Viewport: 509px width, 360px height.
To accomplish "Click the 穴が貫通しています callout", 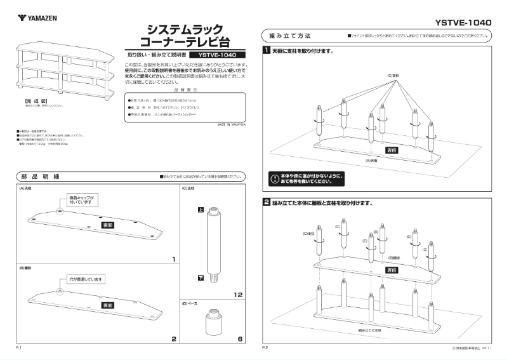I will point(86,279).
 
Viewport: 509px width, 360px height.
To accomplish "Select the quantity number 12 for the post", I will point(237,295).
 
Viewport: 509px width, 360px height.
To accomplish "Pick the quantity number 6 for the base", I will point(240,340).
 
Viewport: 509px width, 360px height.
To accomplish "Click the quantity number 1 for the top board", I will point(173,260).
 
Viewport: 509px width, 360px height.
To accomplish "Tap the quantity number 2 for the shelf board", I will point(173,340).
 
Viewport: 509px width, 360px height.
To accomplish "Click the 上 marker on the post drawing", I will point(201,210).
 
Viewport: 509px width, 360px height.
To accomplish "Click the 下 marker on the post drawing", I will point(201,279).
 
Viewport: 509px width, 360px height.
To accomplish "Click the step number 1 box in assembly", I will point(267,50).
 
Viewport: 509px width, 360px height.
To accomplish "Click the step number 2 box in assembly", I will point(267,203).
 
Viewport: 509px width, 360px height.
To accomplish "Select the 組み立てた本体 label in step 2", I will point(370,331).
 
